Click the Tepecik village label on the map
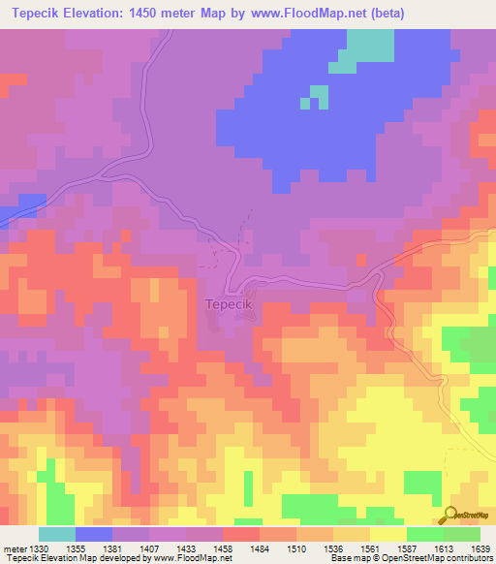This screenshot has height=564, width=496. [x=230, y=304]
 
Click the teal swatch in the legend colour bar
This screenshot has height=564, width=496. [x=57, y=534]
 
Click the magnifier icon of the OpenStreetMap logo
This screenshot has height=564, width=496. [x=450, y=515]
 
